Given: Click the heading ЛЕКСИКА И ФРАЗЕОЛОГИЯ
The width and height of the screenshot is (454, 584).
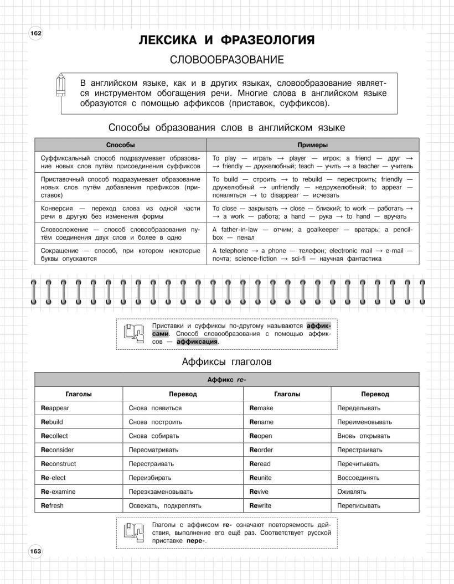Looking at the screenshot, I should click(x=226, y=40).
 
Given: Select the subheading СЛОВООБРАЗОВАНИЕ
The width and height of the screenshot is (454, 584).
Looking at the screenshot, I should click(x=226, y=60).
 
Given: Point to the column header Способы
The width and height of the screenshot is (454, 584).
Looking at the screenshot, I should click(x=120, y=145).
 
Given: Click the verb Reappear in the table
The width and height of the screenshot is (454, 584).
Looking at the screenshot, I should click(x=55, y=408).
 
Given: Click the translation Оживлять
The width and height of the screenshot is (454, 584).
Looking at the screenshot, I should click(x=352, y=492).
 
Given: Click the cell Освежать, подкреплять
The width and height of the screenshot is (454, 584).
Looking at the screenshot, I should click(x=165, y=505).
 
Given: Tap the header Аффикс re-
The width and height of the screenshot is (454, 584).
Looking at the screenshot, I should click(x=226, y=380).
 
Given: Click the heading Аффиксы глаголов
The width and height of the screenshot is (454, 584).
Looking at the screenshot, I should click(x=226, y=363).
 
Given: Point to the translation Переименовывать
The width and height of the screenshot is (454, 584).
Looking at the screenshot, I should click(x=364, y=422).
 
